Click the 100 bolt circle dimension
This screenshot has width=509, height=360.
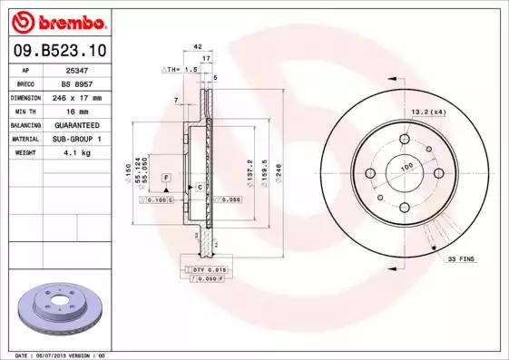click(x=406, y=166)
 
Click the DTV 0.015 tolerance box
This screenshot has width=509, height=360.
click(x=208, y=269)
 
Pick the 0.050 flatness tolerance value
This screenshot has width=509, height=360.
click(x=230, y=199)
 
